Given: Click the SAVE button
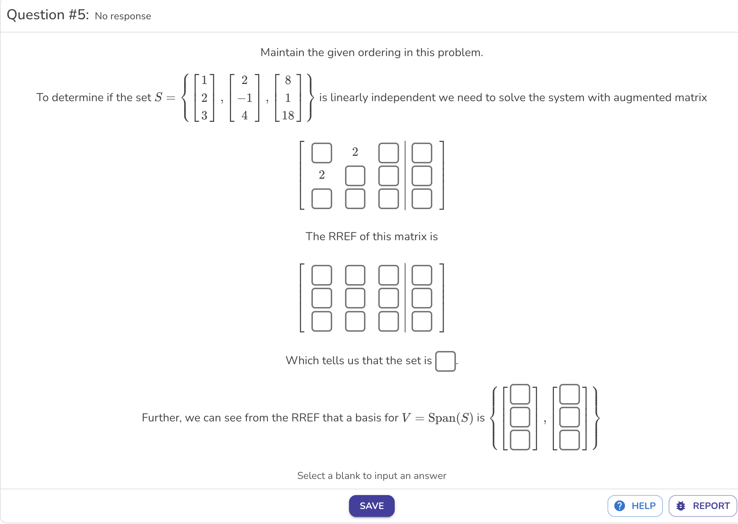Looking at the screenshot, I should pos(372,506).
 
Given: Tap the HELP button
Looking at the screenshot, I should pos(635,506).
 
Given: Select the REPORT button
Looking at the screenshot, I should pos(703,506).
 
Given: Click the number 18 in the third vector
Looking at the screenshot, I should pos(288,115).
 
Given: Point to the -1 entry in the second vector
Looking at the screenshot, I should pos(245,98).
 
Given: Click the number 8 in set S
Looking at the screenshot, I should pos(288,80).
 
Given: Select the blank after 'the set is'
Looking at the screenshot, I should pos(445,361).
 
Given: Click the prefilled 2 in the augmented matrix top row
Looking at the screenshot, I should pos(355,152).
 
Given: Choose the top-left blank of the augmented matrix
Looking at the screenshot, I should pos(322,153).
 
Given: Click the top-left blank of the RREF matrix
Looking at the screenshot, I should pos(322,275).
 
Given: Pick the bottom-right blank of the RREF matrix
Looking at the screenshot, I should pos(422,321).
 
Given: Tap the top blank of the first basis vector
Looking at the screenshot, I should pos(520,394).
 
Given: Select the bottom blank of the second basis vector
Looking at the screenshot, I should pos(569,440).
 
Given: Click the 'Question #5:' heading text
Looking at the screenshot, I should pos(48,15).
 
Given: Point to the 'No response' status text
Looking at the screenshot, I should pos(123,16).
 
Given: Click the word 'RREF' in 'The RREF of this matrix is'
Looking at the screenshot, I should pos(343,237).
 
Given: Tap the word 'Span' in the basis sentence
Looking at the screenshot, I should pos(442,417).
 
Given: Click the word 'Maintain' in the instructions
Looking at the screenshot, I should pos(282,53).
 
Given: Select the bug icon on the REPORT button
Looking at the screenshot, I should pos(681,506).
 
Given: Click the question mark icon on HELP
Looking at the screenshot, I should pos(620,506).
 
